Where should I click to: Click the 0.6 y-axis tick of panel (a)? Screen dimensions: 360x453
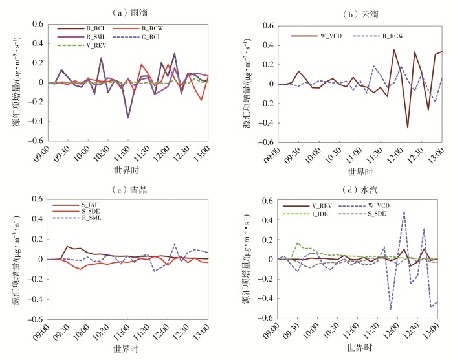coord(36,25)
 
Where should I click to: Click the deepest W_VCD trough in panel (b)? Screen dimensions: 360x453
coord(408,128)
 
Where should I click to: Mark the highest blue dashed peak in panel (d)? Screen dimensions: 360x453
coord(404,212)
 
